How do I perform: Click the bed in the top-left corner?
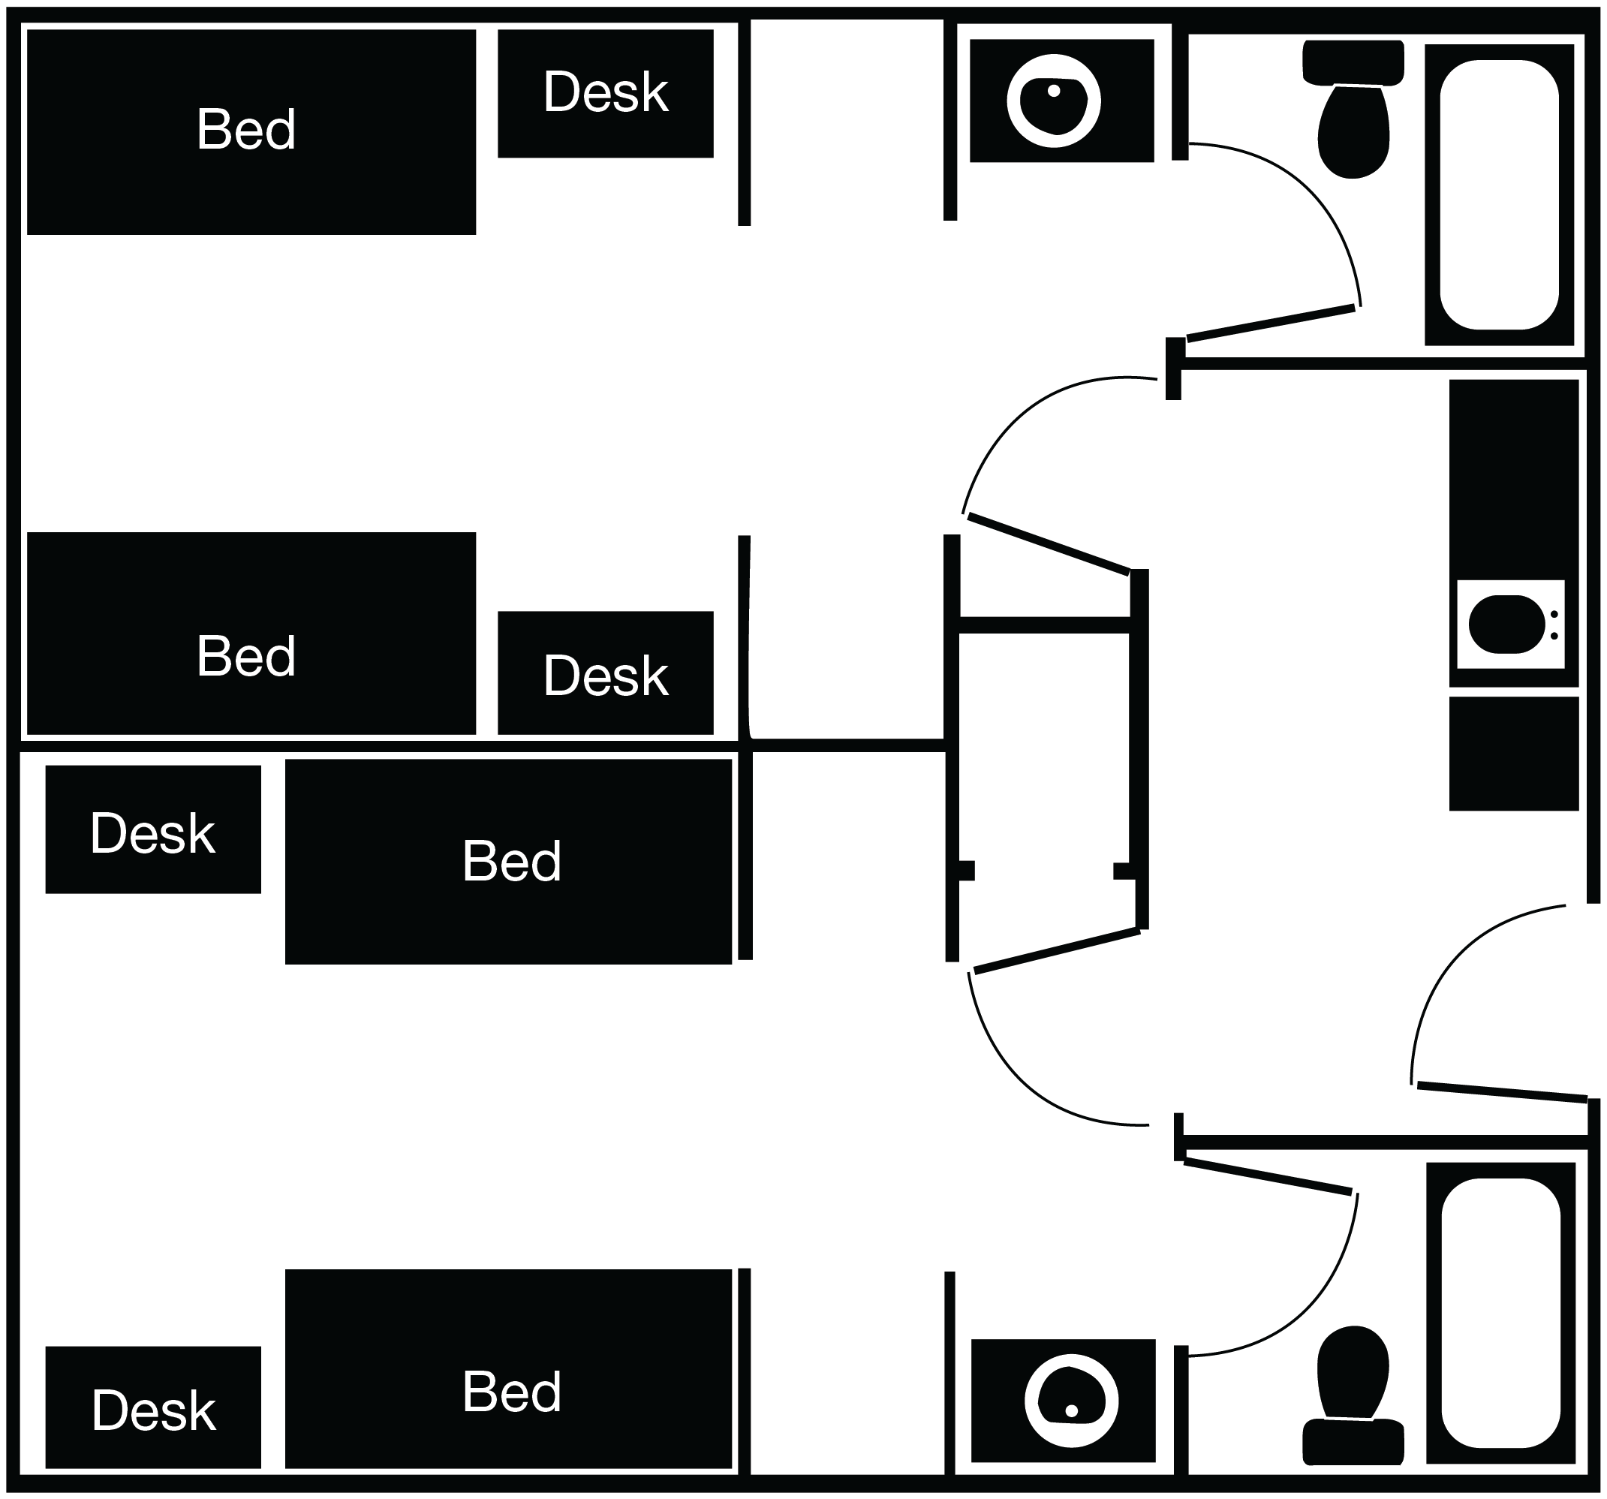251,132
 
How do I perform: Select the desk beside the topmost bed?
605,93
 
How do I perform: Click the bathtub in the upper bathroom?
1498,194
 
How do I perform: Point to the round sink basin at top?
1053,101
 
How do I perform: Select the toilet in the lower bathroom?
1353,1374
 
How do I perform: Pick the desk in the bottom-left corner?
153,1407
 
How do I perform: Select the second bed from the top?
251,633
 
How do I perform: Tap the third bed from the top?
507,860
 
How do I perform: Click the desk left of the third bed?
153,829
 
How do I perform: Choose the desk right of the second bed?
605,673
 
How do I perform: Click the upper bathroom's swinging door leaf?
1270,323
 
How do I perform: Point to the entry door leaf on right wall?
1501,1091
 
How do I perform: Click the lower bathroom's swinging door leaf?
1268,1176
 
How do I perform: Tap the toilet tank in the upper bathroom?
1353,62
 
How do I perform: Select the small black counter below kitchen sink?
1513,754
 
